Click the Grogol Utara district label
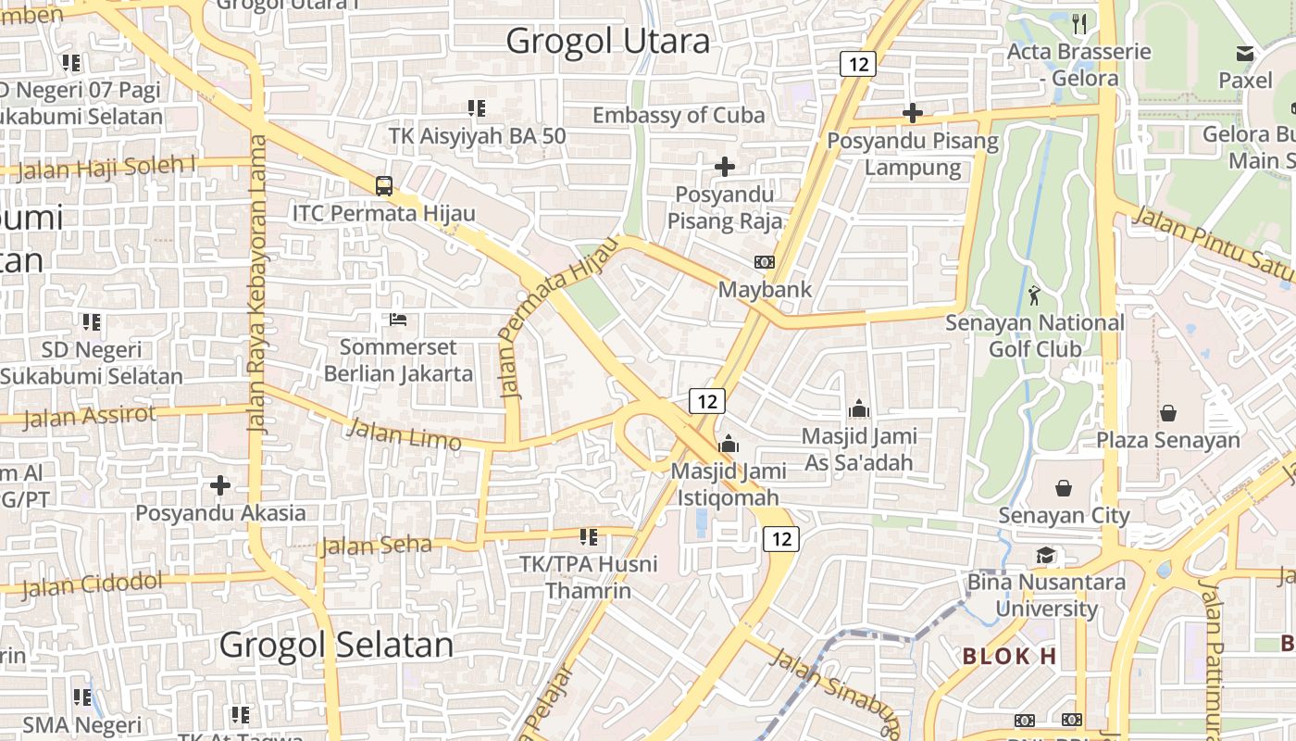coord(608,41)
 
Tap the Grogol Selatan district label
coord(336,645)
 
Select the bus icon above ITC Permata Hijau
coord(384,185)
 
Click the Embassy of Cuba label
coord(679,115)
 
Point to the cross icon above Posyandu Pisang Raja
coord(725,167)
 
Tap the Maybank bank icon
coord(765,262)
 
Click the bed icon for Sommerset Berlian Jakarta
coord(398,320)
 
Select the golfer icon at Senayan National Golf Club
coord(1034,295)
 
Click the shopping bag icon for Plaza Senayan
coord(1167,412)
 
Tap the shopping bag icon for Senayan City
coord(1064,487)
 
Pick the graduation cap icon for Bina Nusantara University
coord(1045,555)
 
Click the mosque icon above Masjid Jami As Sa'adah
coord(859,408)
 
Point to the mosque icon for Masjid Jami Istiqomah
coord(729,444)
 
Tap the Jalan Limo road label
coord(404,433)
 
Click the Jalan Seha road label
coord(376,546)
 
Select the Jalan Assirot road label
coord(90,416)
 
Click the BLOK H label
coord(1009,657)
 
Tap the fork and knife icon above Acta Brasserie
coord(1079,23)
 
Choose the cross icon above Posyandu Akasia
coord(220,484)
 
